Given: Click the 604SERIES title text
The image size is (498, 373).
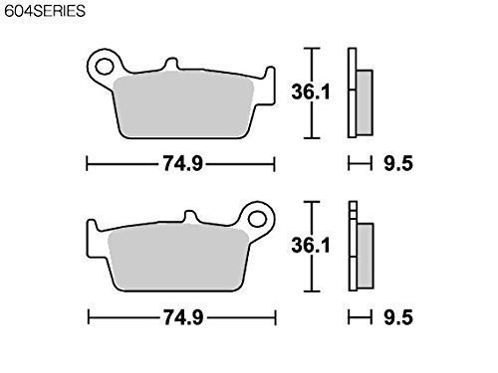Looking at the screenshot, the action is [45, 11].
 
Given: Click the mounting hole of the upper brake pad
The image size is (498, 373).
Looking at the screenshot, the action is [105, 66].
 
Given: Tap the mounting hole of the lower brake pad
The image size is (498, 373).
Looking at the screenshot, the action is [258, 219].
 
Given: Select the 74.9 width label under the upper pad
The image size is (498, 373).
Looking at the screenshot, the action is [182, 164].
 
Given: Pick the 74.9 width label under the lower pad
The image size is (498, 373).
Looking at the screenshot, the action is [183, 317].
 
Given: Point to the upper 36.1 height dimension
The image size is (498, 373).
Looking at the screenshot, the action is [311, 92].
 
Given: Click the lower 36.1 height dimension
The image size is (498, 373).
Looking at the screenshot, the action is [311, 246].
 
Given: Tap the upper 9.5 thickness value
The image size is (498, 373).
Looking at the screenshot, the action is [398, 163].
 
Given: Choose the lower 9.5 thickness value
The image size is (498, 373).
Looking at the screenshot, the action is [398, 317].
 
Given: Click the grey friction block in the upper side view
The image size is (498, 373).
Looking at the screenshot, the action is [365, 102].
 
